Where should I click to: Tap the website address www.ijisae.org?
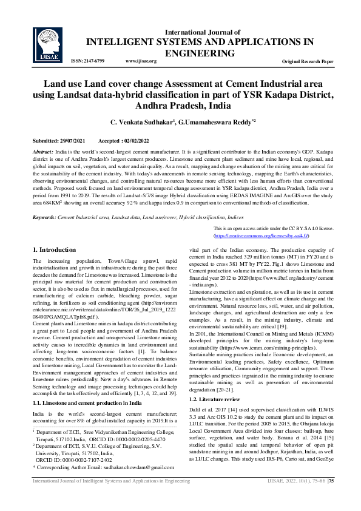point(141,61)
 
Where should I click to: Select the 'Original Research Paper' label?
point(308,62)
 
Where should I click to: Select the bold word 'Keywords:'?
point(44,217)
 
